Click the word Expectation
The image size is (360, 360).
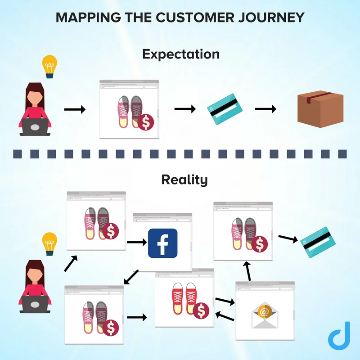pos(180,54)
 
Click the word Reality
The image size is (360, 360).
pos(184,180)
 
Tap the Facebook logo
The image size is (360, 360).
pos(162,243)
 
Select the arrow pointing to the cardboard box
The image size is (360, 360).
pos(265,109)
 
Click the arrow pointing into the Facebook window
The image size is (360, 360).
pos(138,242)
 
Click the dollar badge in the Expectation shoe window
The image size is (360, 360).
pos(145,122)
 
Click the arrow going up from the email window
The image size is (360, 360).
pos(246,270)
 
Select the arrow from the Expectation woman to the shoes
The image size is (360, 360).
pos(75,109)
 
